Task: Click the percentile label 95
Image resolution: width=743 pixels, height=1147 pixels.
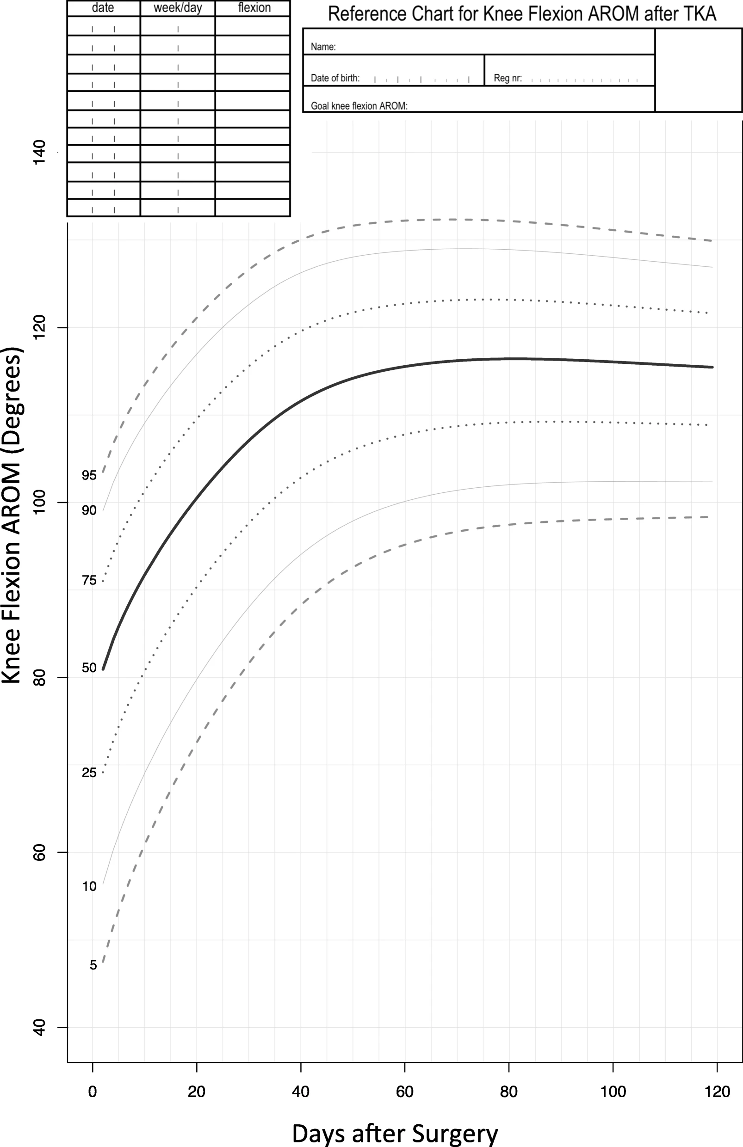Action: [89, 475]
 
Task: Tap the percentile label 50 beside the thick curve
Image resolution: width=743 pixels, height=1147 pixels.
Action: [89, 668]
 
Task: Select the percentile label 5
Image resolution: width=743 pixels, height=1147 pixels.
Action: [93, 965]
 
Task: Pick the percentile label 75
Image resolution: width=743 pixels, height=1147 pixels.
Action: [89, 580]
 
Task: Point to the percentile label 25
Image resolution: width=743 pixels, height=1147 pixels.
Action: [89, 773]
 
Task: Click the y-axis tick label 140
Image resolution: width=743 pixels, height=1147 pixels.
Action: [39, 152]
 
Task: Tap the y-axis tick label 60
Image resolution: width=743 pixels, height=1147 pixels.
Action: [39, 852]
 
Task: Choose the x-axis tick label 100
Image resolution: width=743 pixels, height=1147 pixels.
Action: [613, 1091]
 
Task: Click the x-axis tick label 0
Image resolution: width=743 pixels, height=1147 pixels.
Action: [93, 1091]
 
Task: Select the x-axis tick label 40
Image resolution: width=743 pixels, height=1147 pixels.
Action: [300, 1091]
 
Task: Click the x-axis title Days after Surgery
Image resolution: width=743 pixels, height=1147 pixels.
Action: [395, 1133]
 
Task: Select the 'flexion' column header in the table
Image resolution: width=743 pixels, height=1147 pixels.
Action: [254, 8]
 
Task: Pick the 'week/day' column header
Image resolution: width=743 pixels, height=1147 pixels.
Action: [178, 8]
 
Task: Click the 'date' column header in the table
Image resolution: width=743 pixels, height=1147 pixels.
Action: [103, 8]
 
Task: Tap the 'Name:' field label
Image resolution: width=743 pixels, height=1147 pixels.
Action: [323, 47]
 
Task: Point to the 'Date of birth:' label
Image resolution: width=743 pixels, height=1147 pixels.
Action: [335, 78]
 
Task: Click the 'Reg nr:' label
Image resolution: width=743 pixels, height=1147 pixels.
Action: [508, 78]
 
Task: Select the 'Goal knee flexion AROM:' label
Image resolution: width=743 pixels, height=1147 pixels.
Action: [359, 106]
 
